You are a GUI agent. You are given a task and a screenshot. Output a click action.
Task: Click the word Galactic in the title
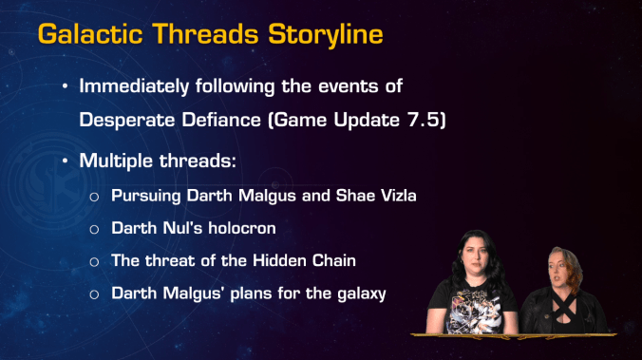[x=83, y=34]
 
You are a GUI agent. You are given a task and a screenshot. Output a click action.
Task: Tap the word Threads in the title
[x=194, y=34]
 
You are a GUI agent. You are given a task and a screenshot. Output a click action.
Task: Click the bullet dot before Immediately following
[x=65, y=85]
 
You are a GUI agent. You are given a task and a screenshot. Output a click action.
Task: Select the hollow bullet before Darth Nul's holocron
[x=94, y=230]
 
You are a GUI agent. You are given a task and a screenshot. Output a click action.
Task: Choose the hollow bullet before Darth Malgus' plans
[x=94, y=294]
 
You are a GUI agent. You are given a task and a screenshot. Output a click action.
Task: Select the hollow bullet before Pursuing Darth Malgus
[x=94, y=198]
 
